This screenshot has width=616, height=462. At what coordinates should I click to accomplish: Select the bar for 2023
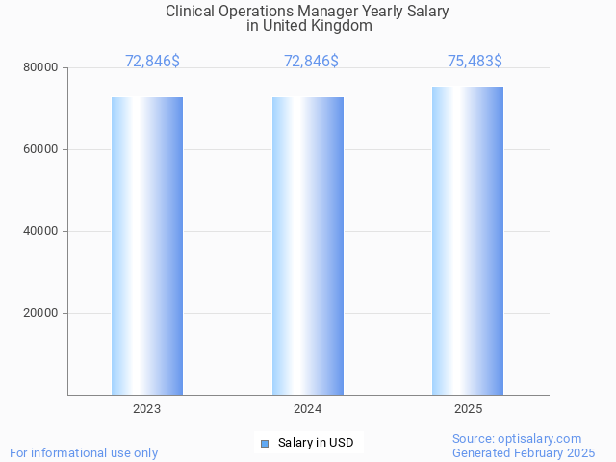point(146,245)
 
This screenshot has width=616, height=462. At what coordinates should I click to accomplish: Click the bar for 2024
point(307,245)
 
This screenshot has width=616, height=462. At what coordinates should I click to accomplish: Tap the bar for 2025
point(468,241)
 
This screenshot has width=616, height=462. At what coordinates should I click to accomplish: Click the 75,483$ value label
point(475,62)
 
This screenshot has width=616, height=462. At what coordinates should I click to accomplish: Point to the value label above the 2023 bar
point(152,62)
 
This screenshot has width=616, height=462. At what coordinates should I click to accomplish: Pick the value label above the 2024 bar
point(311,62)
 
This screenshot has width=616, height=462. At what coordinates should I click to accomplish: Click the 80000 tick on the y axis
point(42,67)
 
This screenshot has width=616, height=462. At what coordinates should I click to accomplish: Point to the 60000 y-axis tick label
point(42,149)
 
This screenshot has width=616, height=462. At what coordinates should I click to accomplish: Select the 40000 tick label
point(42,231)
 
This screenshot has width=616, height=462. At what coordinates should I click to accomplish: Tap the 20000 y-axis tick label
point(42,313)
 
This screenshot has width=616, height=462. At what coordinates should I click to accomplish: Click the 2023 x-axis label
point(146,409)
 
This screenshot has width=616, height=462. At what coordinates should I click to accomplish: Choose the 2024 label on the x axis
point(307,409)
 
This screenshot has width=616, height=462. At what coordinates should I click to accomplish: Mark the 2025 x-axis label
point(468,409)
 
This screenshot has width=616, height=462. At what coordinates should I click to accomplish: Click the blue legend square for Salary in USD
point(265,443)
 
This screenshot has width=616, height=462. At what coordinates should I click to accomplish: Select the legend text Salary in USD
point(316,443)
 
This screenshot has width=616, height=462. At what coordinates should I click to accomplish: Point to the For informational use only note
point(84,452)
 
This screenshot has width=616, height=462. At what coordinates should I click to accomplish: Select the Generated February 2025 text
point(524,452)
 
